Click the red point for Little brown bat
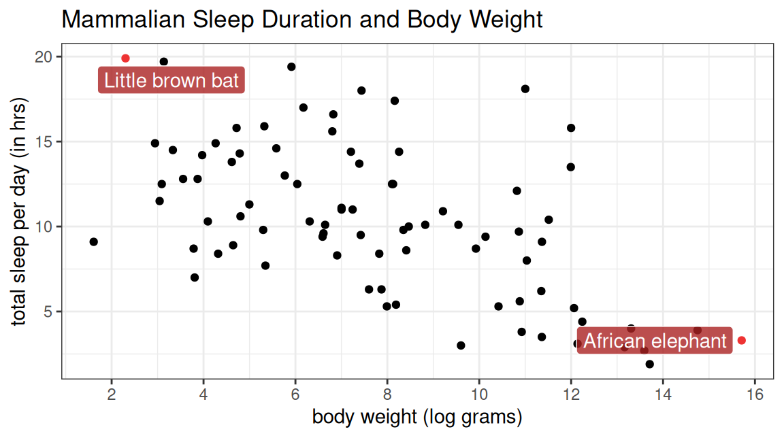tap(125, 58)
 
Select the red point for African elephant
tap(742, 340)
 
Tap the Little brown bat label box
tap(171, 80)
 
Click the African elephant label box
tap(655, 341)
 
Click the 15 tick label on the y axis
tap(44, 142)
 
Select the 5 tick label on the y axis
tap(48, 311)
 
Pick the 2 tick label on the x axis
tap(112, 394)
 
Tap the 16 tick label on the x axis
tap(755, 394)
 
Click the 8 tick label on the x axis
tap(387, 394)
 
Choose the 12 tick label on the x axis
tap(571, 394)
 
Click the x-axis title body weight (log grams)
tap(417, 416)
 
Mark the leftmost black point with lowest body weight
tap(93, 241)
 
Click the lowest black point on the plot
tap(649, 364)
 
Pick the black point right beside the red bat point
tap(163, 62)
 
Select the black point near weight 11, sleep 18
tap(525, 89)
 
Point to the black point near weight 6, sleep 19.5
tap(291, 67)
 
